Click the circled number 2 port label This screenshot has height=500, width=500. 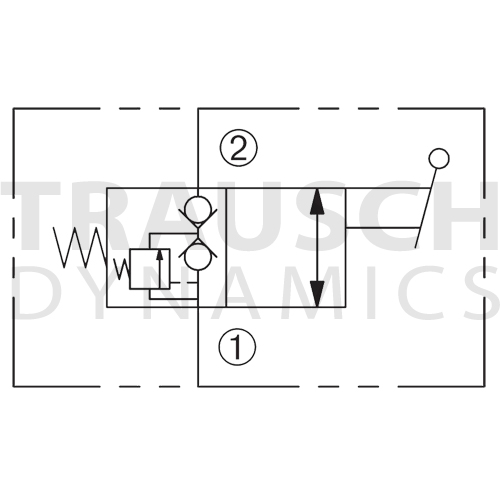coord(238,147)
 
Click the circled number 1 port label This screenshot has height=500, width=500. coord(237,347)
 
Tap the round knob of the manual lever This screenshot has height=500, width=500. coord(439,158)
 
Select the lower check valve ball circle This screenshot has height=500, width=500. coord(198,257)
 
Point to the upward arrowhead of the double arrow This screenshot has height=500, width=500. coord(317,201)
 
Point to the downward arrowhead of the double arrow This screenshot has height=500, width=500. coord(317,293)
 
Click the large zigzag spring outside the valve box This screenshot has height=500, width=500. coord(80,247)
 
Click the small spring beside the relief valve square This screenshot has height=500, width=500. coord(122,268)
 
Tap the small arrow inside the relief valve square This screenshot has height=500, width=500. coord(160,268)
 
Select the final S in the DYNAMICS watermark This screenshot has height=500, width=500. coord(480,292)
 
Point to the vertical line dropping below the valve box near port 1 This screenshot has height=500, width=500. coord(198,347)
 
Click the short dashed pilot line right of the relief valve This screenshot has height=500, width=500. coord(184,283)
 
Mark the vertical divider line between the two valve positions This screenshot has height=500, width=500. coord(226,247)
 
